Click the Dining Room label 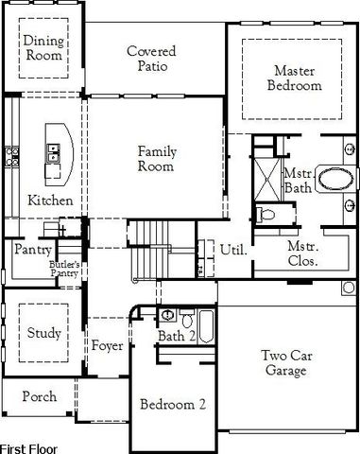[43, 47]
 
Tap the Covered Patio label [153, 58]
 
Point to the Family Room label [156, 159]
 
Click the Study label [43, 333]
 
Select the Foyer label [107, 345]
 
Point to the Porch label [39, 396]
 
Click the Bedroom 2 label [173, 404]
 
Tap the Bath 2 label [177, 336]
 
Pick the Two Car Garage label [284, 363]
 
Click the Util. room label [232, 251]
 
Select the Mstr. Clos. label [303, 253]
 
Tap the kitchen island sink [55, 148]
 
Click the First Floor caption [28, 446]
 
